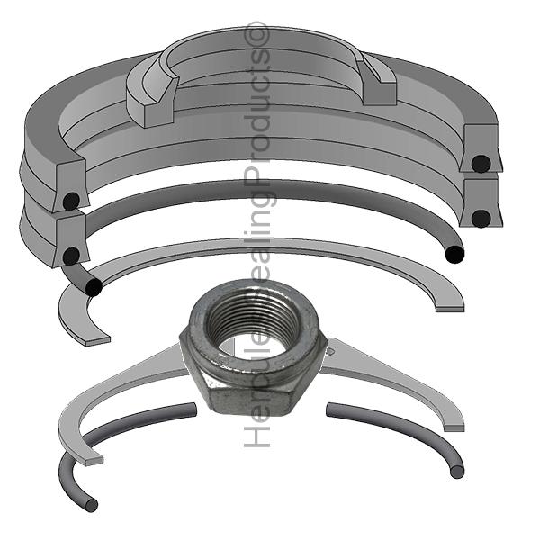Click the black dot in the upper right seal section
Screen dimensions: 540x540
click(482, 164)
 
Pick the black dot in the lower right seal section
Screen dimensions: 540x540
click(481, 218)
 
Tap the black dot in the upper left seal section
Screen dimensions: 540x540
click(71, 202)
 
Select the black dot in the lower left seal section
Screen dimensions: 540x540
click(70, 256)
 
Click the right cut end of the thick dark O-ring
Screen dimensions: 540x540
click(457, 255)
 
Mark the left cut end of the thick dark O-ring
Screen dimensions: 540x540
click(94, 289)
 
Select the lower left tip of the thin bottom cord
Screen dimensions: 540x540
click(91, 505)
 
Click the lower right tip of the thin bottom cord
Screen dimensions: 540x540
click(458, 471)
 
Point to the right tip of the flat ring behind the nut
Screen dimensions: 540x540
click(454, 422)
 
